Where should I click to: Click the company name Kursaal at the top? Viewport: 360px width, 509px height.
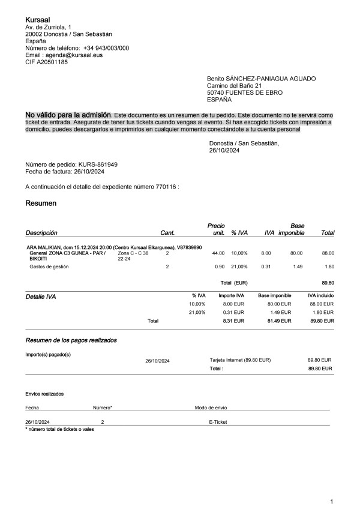pos(37,20)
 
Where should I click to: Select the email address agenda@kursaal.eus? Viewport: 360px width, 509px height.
pos(71,55)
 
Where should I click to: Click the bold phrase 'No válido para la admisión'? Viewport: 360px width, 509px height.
pos(68,114)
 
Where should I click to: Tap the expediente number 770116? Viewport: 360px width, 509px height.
pos(164,187)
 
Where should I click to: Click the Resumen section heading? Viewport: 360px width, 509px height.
pos(41,204)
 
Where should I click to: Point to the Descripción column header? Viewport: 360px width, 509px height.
pos(41,232)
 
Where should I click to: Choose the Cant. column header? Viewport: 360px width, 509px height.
pos(167,232)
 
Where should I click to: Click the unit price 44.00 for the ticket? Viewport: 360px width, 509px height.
pos(218,253)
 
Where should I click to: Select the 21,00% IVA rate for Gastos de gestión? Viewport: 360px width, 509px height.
pos(239,267)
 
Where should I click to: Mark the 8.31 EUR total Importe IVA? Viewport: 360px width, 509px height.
pos(233,321)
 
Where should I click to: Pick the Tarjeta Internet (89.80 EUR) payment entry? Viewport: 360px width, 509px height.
pos(240,360)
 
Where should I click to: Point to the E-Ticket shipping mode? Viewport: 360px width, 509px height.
pos(218,422)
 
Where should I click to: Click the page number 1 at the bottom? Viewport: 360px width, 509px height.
pos(332,501)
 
